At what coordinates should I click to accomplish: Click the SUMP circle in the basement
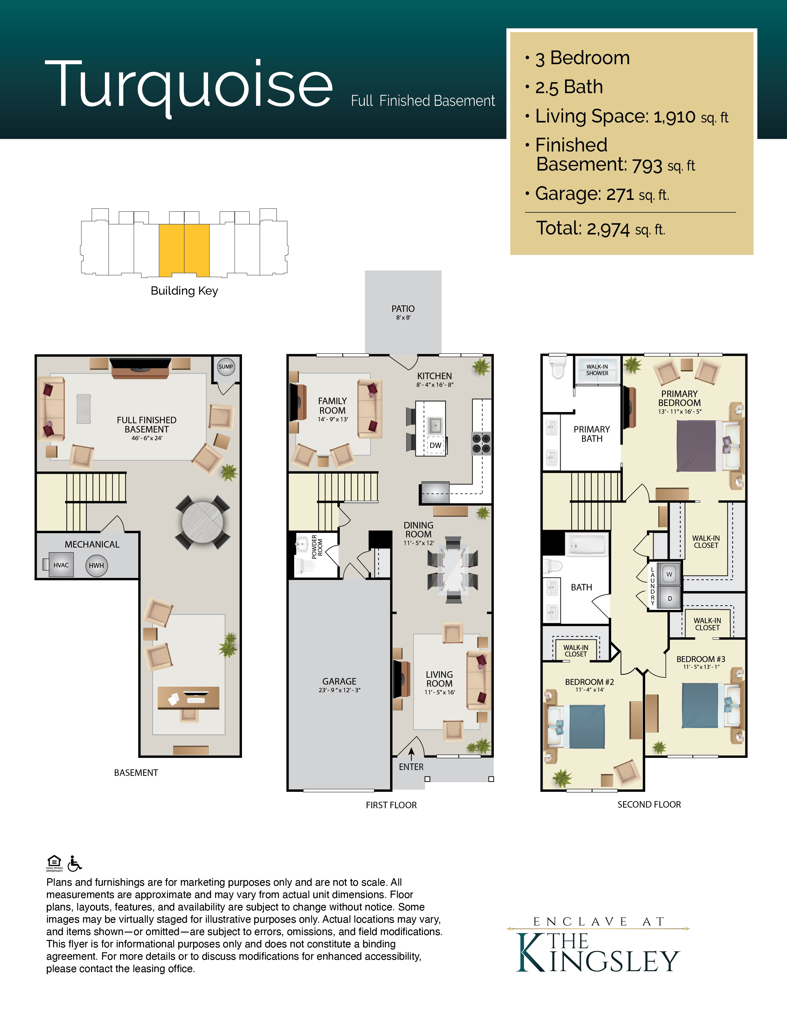tap(226, 366)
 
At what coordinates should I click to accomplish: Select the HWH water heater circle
tap(97, 565)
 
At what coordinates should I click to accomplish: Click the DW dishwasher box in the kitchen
tap(435, 445)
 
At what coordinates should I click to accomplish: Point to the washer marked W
tap(669, 574)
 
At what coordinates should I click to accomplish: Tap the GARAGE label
tap(339, 681)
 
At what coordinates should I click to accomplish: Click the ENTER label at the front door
tap(411, 767)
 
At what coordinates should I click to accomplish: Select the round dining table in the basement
tap(203, 522)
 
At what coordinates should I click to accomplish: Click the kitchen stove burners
tap(481, 443)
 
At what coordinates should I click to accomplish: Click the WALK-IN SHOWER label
tap(597, 370)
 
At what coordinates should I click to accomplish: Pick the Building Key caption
tap(184, 291)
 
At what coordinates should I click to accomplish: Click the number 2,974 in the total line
tap(608, 229)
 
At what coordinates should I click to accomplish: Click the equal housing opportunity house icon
tap(55, 863)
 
